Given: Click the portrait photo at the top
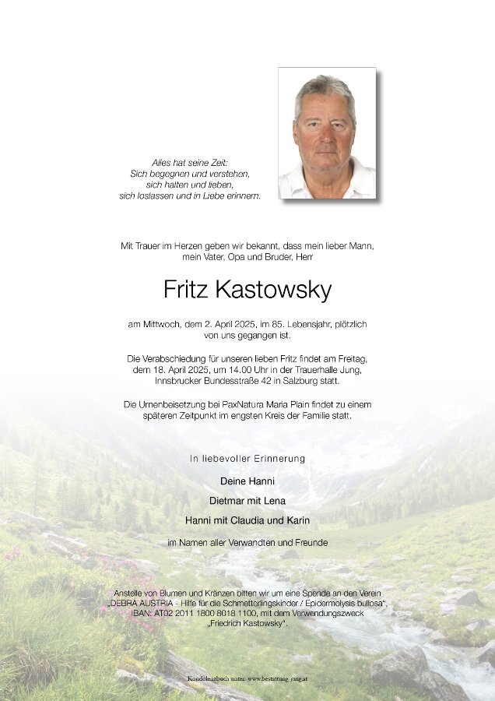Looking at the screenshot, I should click(x=327, y=133).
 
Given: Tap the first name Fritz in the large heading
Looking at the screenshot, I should click(x=185, y=290).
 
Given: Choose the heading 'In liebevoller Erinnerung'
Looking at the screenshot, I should click(x=247, y=459).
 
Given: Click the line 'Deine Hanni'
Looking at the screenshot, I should click(x=247, y=481).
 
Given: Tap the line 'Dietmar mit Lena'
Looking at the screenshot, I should click(x=247, y=500).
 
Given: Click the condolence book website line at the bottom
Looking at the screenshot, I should click(x=247, y=679).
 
